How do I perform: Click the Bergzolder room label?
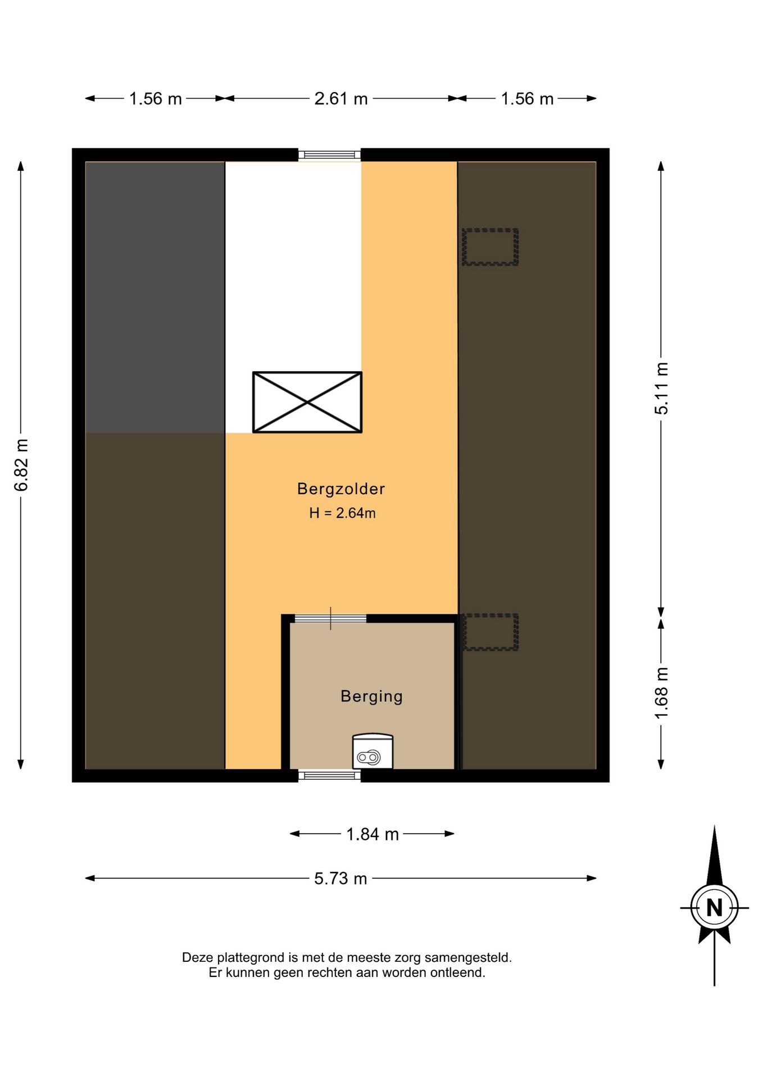pyautogui.click(x=341, y=489)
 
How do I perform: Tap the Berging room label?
pyautogui.click(x=372, y=697)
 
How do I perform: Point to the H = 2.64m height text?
pyautogui.click(x=342, y=513)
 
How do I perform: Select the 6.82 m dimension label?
pyautogui.click(x=21, y=465)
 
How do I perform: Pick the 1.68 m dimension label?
pyautogui.click(x=661, y=693)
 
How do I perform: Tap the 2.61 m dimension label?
pyautogui.click(x=341, y=99)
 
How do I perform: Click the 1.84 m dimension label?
pyautogui.click(x=373, y=834)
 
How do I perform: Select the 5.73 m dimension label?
pyautogui.click(x=340, y=879)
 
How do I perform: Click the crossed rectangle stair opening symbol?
pyautogui.click(x=307, y=402)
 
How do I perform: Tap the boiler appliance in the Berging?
pyautogui.click(x=373, y=751)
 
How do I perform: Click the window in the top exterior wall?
pyautogui.click(x=329, y=155)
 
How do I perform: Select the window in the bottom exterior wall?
pyautogui.click(x=329, y=775)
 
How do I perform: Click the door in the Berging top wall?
pyautogui.click(x=330, y=619)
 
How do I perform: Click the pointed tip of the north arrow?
pyautogui.click(x=714, y=826)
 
